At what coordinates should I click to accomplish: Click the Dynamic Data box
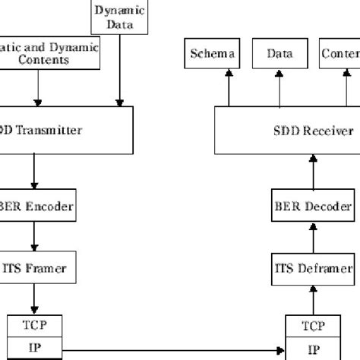pos(118,17)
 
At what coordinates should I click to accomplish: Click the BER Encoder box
pos(34,205)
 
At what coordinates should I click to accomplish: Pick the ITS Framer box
pos(34,267)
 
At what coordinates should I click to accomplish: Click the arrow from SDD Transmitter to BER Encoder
pos(34,172)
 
